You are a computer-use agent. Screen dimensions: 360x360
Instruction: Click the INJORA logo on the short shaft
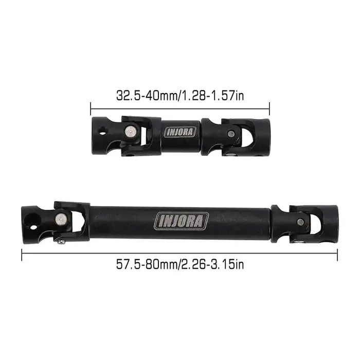click(181, 131)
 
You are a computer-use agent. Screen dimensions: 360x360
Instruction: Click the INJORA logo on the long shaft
click(182, 221)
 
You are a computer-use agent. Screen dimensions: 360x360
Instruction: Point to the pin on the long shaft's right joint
click(300, 221)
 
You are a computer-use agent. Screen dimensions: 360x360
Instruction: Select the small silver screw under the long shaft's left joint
click(61, 241)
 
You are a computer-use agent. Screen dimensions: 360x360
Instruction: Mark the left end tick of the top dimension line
click(91, 109)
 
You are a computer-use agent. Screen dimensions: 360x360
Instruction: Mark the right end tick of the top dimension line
click(269, 109)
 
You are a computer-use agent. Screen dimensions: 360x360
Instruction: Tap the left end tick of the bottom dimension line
click(22, 253)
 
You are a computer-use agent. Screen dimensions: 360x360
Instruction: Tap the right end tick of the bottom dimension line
click(338, 253)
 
